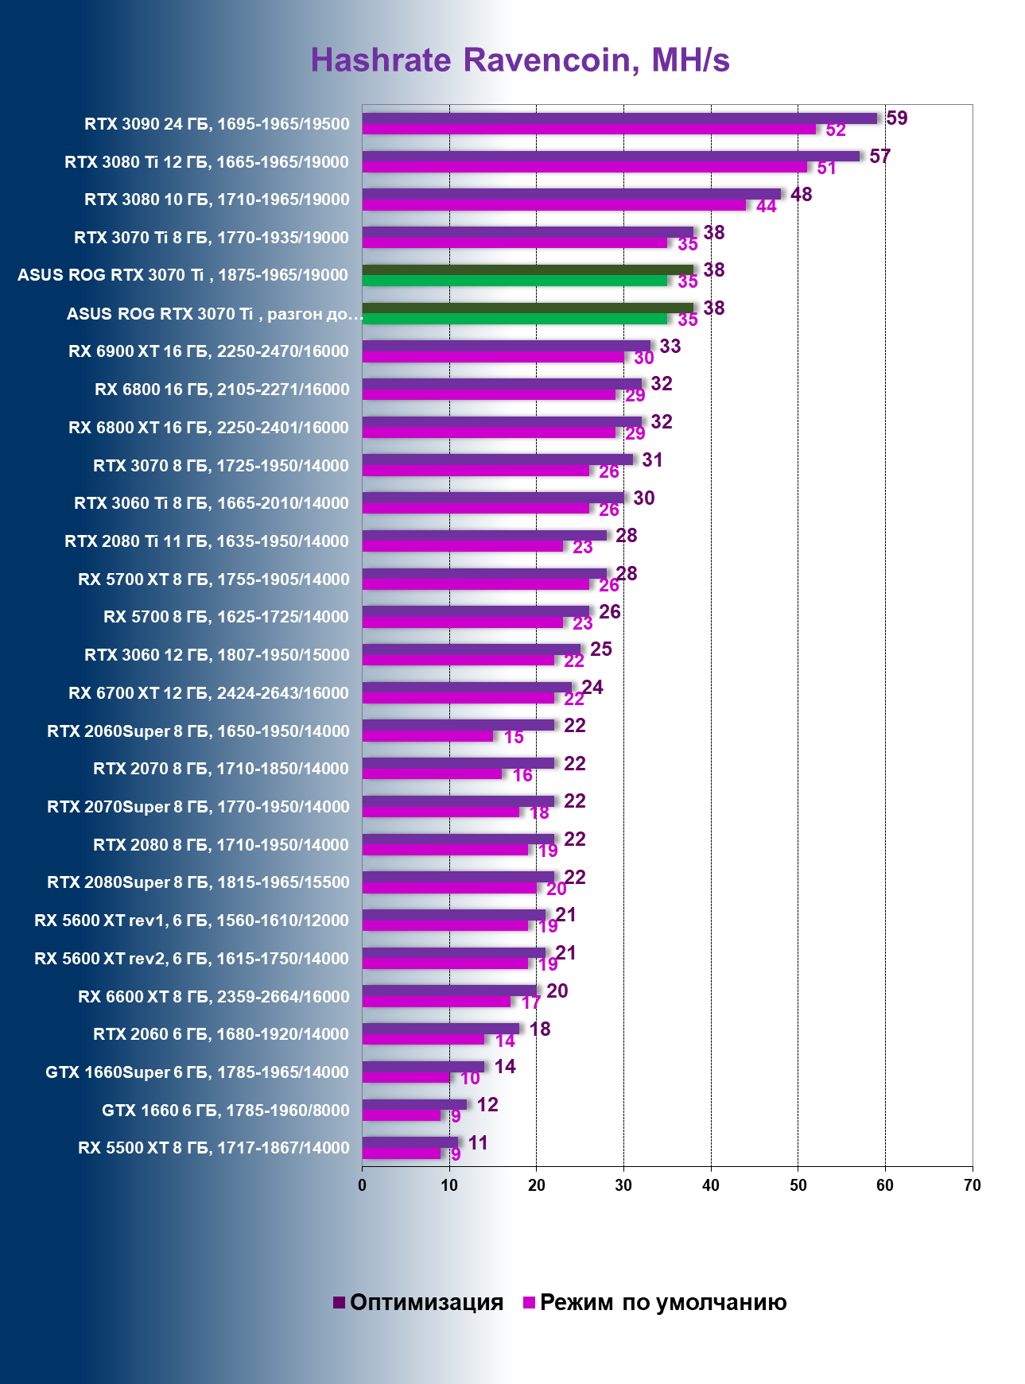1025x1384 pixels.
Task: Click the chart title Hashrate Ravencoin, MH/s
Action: [520, 60]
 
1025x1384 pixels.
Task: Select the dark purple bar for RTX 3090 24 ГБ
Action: [619, 118]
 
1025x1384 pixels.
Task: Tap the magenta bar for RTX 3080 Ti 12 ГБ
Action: [584, 167]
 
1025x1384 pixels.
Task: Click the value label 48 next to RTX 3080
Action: [801, 195]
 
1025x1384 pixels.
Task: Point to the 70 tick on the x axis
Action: [972, 1185]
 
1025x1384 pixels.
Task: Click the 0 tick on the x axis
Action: [363, 1185]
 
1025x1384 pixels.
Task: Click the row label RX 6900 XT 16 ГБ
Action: [208, 351]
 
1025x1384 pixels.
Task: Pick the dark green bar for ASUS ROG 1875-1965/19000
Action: [528, 270]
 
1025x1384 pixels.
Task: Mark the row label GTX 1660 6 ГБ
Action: [225, 1111]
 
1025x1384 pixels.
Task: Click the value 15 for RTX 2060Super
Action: [514, 738]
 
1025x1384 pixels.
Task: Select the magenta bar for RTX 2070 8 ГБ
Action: [432, 774]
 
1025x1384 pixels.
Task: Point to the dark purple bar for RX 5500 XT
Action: [410, 1142]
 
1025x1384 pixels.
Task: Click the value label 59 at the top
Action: [897, 118]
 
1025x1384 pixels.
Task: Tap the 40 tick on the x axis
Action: [711, 1185]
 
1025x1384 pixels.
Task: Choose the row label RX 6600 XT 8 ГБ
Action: [213, 997]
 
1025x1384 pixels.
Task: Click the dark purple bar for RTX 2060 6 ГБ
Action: [441, 1029]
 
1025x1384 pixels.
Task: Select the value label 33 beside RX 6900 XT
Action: [670, 346]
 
